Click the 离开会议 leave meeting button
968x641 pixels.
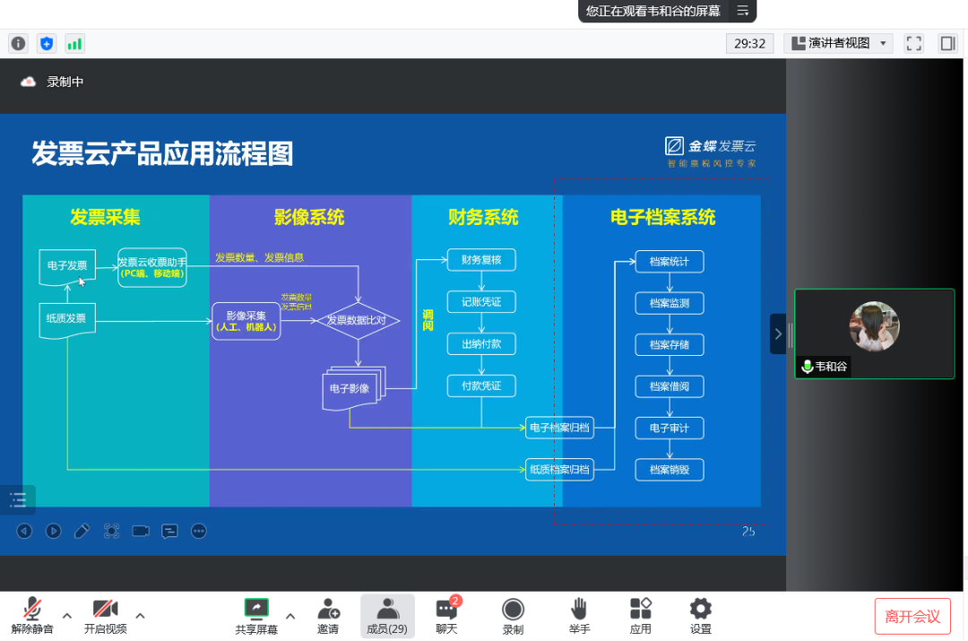click(912, 616)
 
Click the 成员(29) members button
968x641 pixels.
click(387, 615)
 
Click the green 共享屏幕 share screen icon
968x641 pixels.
click(256, 609)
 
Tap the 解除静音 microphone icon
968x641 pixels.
click(32, 609)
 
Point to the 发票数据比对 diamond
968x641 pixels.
click(357, 319)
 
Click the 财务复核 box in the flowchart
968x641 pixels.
click(481, 260)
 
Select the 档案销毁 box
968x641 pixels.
click(669, 470)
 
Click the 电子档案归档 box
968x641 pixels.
click(559, 428)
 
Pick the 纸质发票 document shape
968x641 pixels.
click(67, 319)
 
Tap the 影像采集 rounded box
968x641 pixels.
click(246, 320)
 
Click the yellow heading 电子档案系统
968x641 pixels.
click(662, 217)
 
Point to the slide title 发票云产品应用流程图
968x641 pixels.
click(162, 153)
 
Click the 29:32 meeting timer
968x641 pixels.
click(749, 43)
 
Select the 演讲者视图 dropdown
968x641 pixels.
click(838, 43)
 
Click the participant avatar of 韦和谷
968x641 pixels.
click(874, 325)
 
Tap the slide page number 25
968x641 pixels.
click(748, 532)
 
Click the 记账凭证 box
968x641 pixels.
click(481, 302)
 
